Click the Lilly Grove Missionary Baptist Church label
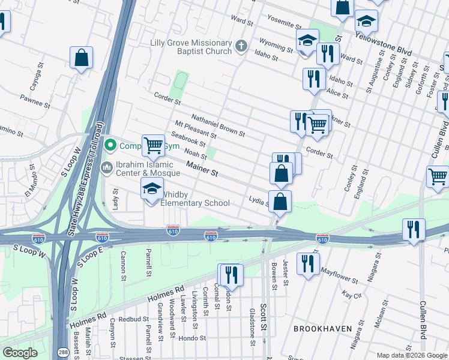[x=190, y=47]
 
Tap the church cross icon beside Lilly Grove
[x=241, y=46]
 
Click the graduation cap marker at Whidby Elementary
[x=152, y=188]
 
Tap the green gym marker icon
[x=110, y=145]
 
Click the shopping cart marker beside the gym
[x=154, y=145]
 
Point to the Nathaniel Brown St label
[x=218, y=124]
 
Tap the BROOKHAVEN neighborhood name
[x=318, y=329]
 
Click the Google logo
[x=20, y=352]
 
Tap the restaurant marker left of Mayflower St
[x=308, y=263]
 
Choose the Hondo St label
[x=193, y=338]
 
